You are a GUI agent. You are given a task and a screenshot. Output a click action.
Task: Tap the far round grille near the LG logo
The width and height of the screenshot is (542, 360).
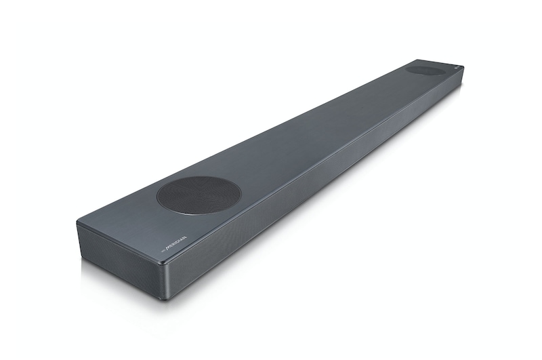click(x=425, y=70)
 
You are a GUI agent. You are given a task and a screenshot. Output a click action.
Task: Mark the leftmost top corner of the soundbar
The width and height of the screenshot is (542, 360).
click(x=77, y=222)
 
